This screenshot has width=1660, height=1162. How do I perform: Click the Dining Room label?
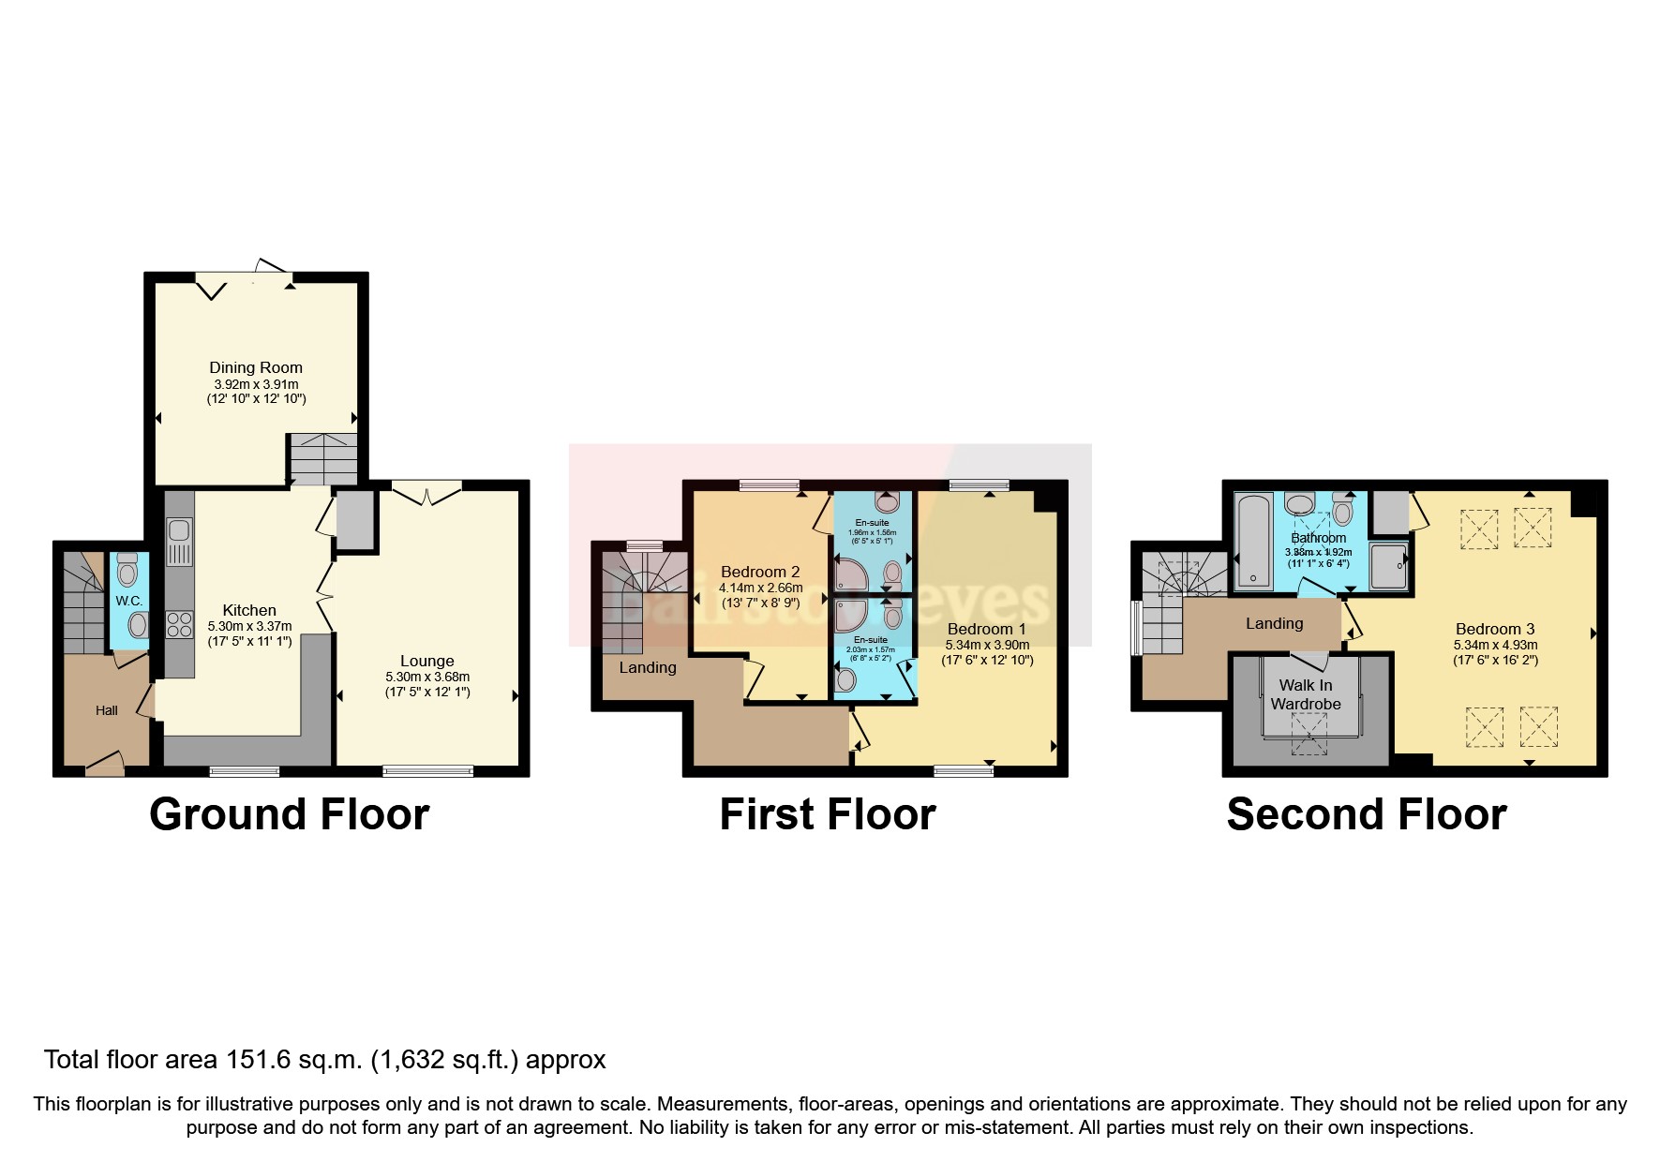pyautogui.click(x=255, y=367)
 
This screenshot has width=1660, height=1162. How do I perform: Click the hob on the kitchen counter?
pyautogui.click(x=178, y=624)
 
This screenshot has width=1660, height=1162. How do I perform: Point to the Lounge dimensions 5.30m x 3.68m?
pyautogui.click(x=426, y=677)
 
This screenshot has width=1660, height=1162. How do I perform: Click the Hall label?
pyautogui.click(x=106, y=710)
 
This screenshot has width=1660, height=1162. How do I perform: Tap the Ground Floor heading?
pyautogui.click(x=289, y=813)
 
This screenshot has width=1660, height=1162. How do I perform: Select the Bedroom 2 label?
pyautogui.click(x=759, y=572)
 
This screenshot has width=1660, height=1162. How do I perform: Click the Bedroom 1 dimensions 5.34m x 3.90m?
pyautogui.click(x=987, y=645)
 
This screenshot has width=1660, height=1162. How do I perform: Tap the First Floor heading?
pyautogui.click(x=827, y=813)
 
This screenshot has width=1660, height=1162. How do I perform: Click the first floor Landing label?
pyautogui.click(x=647, y=667)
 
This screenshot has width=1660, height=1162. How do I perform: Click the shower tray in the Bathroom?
pyautogui.click(x=1388, y=565)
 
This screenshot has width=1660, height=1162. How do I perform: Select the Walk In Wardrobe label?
pyautogui.click(x=1305, y=694)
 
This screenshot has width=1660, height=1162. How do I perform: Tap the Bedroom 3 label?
pyautogui.click(x=1494, y=629)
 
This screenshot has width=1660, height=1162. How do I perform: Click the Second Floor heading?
pyautogui.click(x=1366, y=813)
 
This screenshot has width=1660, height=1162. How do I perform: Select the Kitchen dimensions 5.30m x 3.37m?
pyautogui.click(x=249, y=626)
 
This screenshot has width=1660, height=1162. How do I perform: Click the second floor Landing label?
pyautogui.click(x=1274, y=623)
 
